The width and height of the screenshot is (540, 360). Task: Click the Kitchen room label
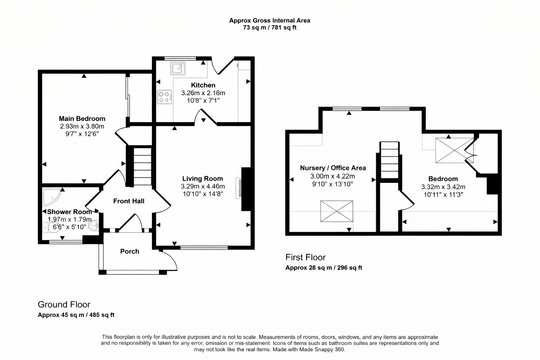[x=203, y=85]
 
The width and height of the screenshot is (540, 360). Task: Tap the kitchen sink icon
[x=178, y=69]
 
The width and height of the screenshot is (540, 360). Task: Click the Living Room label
[x=202, y=179]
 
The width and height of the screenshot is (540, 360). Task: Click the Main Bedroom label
[x=82, y=118]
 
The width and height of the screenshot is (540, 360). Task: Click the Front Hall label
[x=129, y=201]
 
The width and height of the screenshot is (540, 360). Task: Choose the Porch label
[x=129, y=251]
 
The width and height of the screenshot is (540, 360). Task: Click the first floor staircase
[x=390, y=160]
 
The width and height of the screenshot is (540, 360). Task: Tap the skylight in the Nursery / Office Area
[x=336, y=211]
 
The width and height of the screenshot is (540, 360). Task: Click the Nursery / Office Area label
[x=333, y=168]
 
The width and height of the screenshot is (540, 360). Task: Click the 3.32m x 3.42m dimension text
[x=443, y=187]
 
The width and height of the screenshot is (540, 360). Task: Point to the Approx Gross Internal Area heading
[x=269, y=20]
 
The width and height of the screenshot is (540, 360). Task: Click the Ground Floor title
[x=64, y=304]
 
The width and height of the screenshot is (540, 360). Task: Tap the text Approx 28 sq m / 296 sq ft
[x=323, y=268]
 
